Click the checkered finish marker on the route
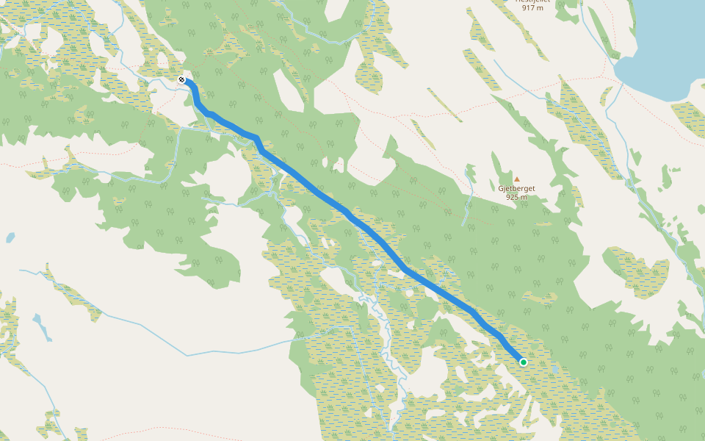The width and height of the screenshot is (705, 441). coord(181,79)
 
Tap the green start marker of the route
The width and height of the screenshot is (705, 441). coord(524,362)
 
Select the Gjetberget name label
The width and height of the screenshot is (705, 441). coord(516,188)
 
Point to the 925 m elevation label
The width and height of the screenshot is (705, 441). coord(516,197)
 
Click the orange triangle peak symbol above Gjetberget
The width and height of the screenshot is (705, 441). coord(516,179)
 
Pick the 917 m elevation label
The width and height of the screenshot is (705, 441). coord(532,8)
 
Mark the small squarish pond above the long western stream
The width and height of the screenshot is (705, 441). coord(10,238)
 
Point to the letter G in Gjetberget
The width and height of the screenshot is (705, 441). coord(501,188)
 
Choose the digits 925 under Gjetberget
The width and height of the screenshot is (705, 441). coord(512,197)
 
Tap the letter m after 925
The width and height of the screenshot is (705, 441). coord(524,197)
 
